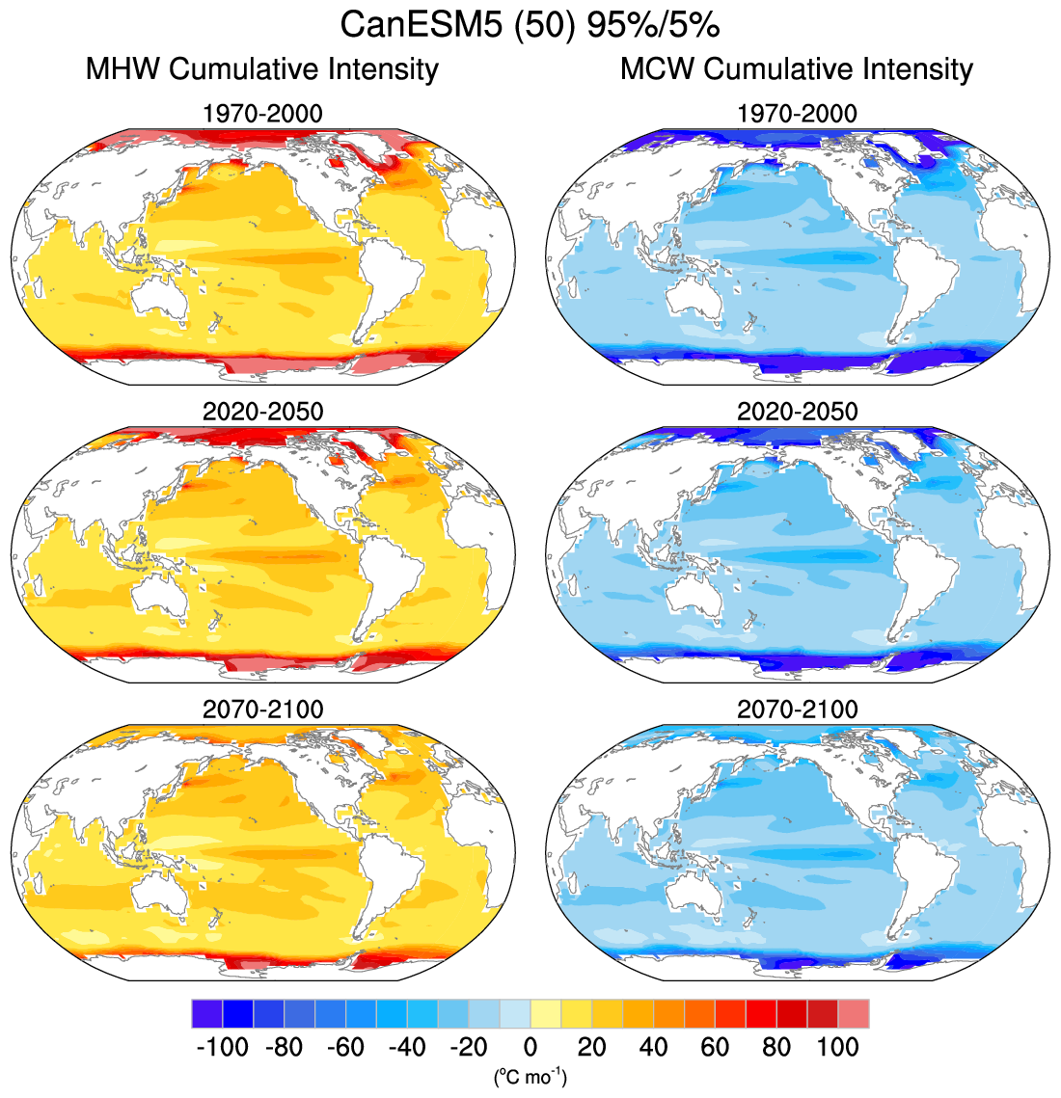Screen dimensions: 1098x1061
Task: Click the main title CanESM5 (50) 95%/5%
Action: coord(530,25)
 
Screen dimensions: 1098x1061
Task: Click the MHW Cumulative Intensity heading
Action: coord(261,69)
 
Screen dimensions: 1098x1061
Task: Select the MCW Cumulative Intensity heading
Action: coord(797,69)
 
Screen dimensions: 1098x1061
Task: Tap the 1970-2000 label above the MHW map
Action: coord(262,114)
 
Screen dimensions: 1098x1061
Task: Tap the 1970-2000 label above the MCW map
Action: coord(797,114)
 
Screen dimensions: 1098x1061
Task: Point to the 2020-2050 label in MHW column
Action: coord(262,412)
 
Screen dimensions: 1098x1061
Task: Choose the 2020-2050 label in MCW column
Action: coord(797,412)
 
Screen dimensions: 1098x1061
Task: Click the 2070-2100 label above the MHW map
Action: coord(262,710)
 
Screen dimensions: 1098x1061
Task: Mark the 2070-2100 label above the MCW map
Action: coord(797,710)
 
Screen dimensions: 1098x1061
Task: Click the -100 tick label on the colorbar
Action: coord(222,1047)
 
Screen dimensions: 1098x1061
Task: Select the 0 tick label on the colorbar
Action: coord(530,1047)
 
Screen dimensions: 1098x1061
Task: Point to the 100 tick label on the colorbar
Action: coord(837,1047)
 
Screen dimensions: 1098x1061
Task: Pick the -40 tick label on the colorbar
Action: coord(406,1047)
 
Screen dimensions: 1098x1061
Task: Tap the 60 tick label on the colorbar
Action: coord(715,1047)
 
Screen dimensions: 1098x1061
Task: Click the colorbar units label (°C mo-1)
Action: coord(530,1076)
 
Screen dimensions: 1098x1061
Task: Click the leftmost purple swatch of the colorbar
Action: coord(206,1014)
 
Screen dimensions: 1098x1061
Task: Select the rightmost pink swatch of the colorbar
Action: coord(854,1014)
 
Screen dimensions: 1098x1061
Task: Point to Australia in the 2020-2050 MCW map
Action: coord(695,591)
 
